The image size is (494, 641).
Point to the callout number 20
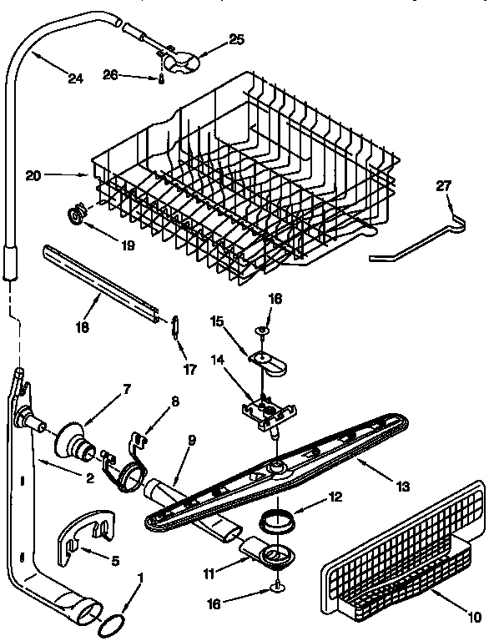click(x=33, y=175)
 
